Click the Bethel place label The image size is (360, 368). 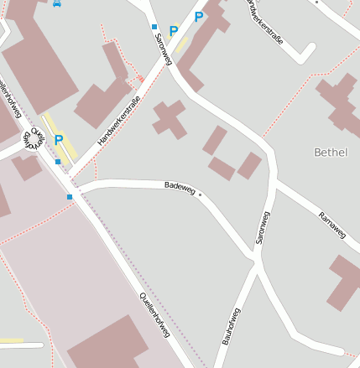click(329, 152)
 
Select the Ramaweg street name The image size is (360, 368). click(332, 225)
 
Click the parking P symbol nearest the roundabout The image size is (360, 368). click(59, 140)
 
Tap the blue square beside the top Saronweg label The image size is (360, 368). click(154, 27)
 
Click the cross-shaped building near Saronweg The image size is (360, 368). click(170, 119)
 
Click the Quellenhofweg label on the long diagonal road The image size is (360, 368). click(154, 314)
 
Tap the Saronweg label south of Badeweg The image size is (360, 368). click(262, 227)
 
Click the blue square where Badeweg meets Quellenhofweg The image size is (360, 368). click(70, 197)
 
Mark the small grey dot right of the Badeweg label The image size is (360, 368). click(201, 194)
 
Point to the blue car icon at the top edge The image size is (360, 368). click(56, 3)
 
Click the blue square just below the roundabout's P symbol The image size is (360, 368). click(58, 161)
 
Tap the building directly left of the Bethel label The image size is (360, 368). click(249, 165)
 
